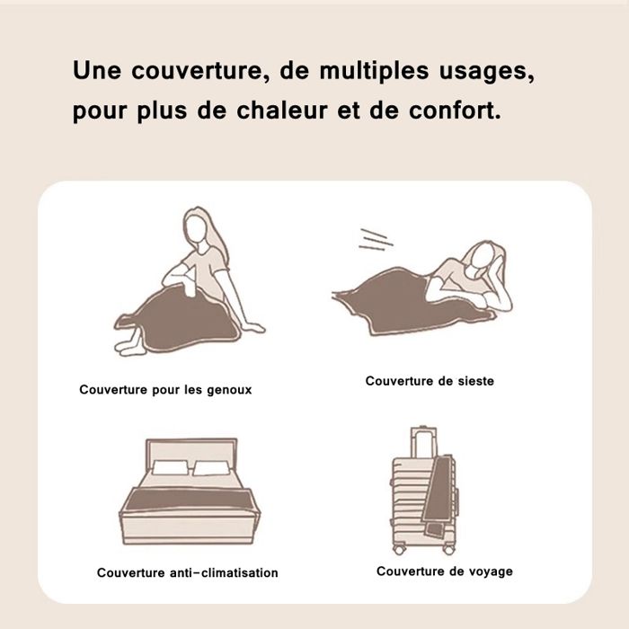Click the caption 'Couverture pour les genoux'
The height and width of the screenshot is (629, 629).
pos(165,390)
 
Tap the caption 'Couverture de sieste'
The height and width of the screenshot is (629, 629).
pos(430,381)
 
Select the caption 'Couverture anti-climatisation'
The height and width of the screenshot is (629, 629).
pos(188,572)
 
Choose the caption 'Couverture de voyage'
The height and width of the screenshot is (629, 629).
pos(445,571)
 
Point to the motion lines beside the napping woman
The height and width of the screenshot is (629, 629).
pos(374,238)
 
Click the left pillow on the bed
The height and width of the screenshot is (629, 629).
pos(167,468)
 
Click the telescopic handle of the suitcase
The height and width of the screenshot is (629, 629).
pos(422,442)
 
